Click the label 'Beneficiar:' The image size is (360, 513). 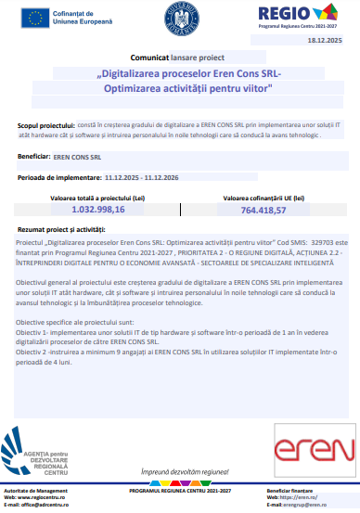pyautogui.click(x=33, y=157)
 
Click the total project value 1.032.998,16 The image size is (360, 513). pyautogui.click(x=93, y=211)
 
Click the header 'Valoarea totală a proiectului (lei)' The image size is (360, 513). pyautogui.click(x=93, y=199)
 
